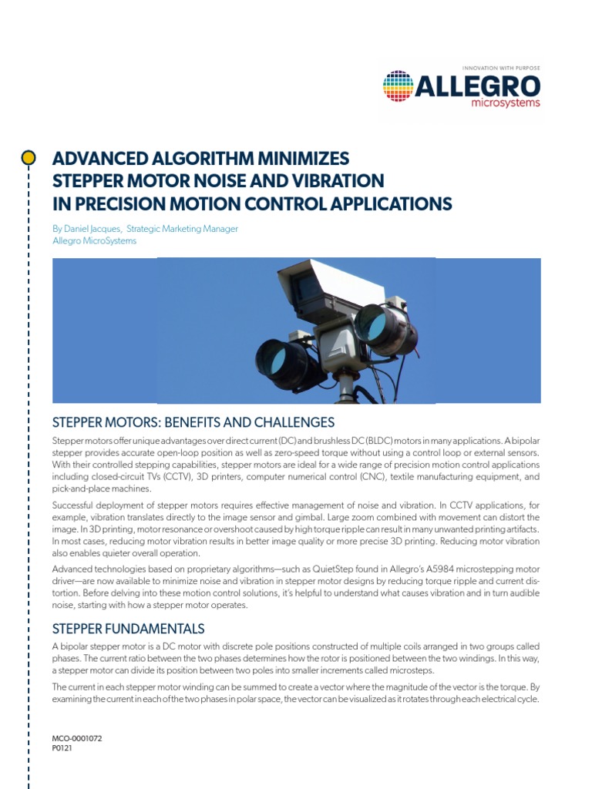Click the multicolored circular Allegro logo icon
pos(399,86)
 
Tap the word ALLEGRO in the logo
pos(477,86)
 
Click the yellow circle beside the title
pos(29,158)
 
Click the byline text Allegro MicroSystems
pos(94,240)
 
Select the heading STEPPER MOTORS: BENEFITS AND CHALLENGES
pos(193,422)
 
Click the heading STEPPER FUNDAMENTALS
pos(128,628)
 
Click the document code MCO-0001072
pos(77,738)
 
